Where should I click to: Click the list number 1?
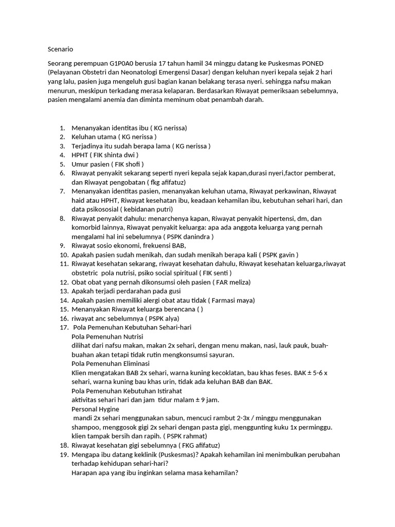[x=62, y=128]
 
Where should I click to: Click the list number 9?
[x=62, y=245]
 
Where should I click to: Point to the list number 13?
[x=64, y=291]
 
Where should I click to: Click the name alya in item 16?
[x=168, y=319]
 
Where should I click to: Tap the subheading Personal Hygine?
[x=95, y=409]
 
